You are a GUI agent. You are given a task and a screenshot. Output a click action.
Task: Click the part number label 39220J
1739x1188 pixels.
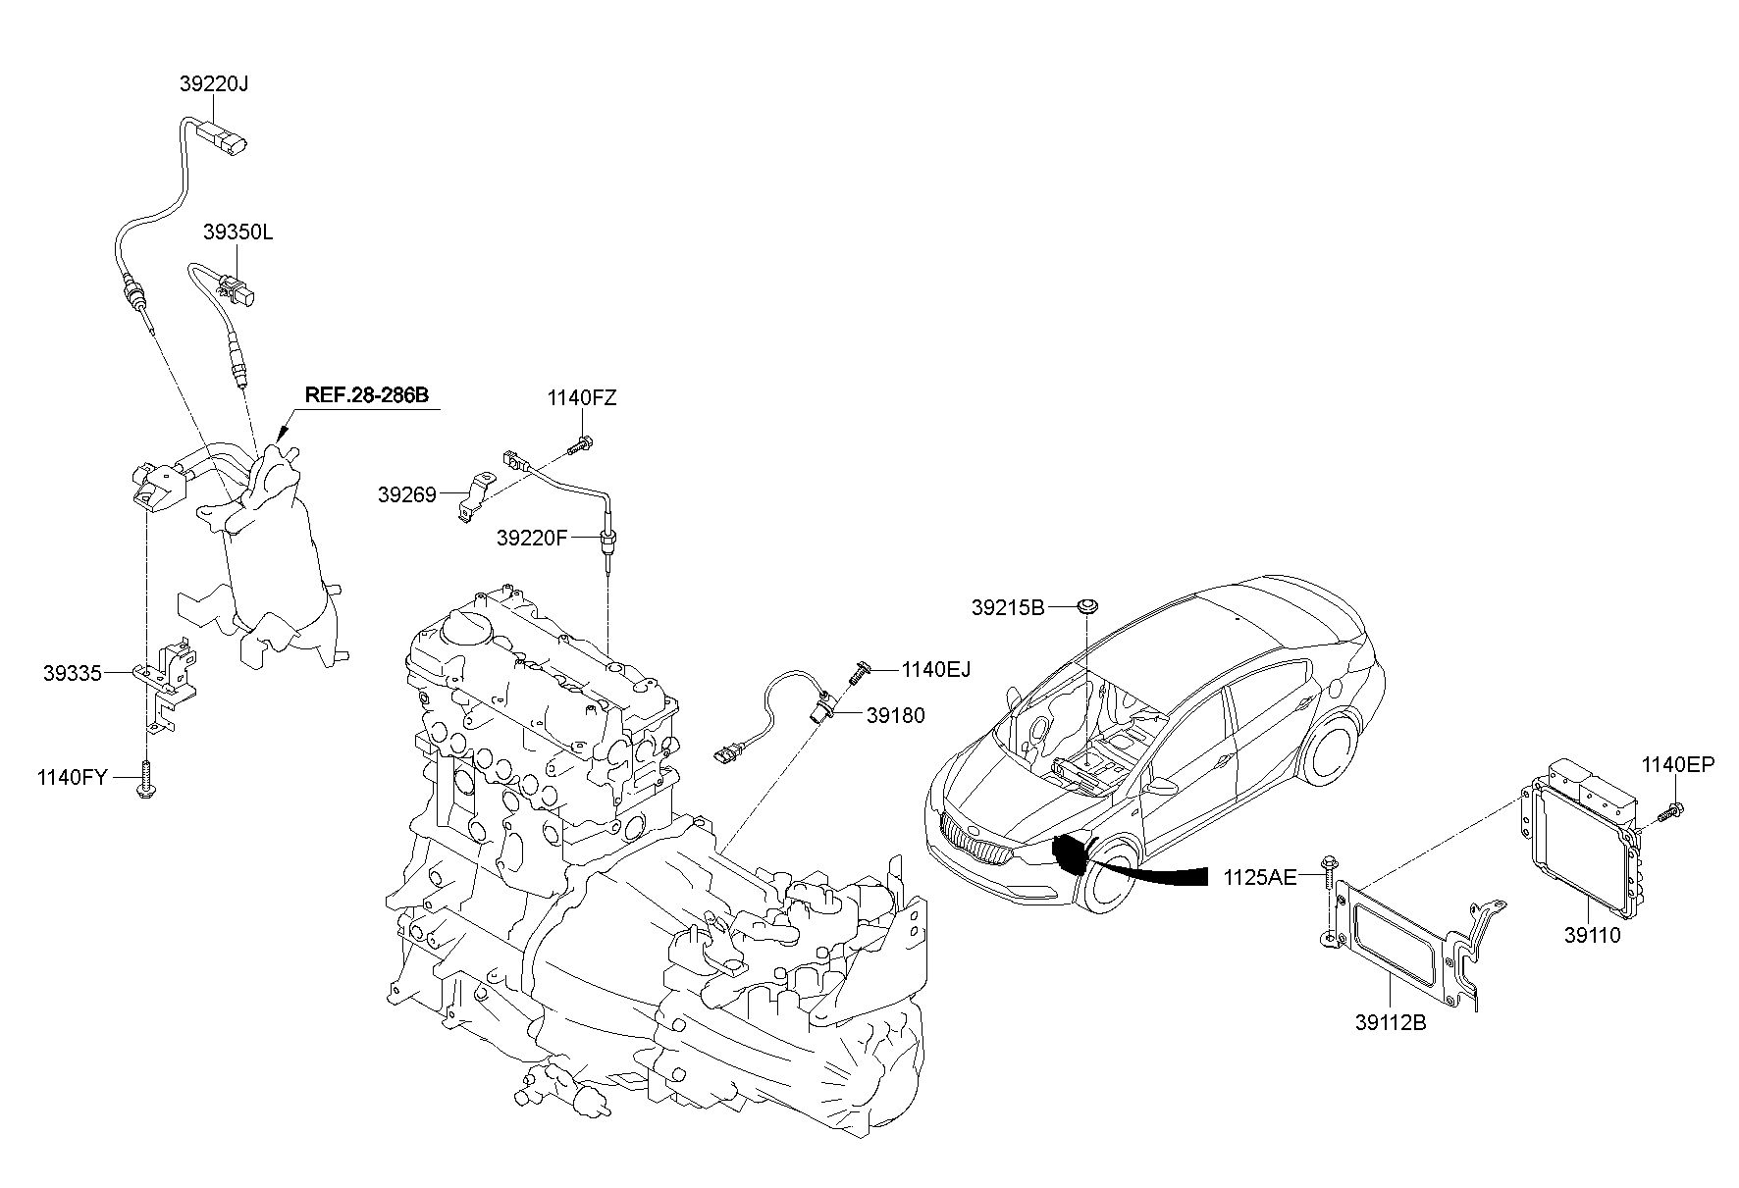(214, 84)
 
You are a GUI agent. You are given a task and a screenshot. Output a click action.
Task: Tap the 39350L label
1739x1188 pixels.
(237, 232)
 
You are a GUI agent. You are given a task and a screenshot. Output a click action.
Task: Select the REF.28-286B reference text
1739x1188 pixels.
(367, 395)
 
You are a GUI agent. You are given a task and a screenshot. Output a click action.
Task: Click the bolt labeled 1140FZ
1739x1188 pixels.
(581, 445)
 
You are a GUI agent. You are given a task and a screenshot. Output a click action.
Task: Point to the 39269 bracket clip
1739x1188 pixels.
(475, 497)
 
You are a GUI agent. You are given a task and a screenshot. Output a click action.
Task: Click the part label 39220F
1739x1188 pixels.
(533, 538)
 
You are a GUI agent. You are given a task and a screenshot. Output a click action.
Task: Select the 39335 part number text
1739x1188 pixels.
(73, 673)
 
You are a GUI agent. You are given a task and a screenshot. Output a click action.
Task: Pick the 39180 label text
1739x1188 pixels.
(896, 715)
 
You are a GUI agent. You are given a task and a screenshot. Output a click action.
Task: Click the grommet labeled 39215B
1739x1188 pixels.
(1086, 607)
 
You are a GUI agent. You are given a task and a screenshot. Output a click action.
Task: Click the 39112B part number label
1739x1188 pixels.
(1391, 1023)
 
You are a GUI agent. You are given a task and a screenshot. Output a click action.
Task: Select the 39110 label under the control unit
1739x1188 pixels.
(1593, 936)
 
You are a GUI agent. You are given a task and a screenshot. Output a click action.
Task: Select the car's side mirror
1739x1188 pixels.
(1163, 785)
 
